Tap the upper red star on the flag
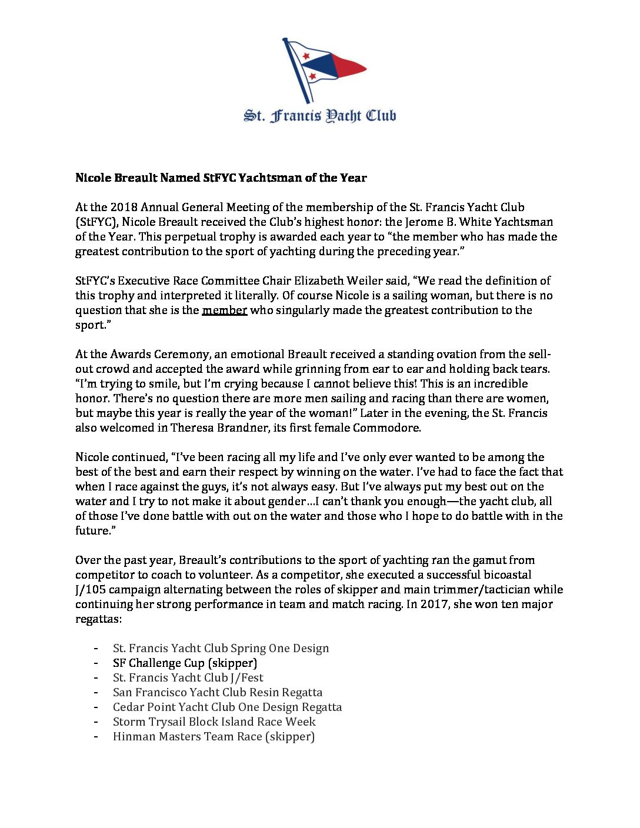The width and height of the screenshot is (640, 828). coord(306,56)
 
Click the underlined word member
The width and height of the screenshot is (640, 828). coord(224,310)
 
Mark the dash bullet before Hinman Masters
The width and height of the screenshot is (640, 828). coord(95,736)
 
